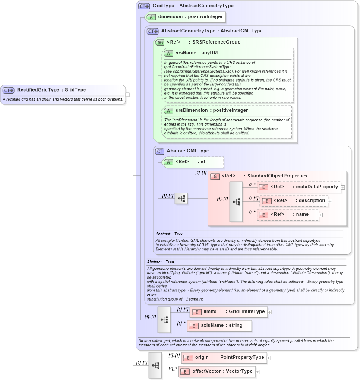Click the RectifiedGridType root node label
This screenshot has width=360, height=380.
[x=51, y=90]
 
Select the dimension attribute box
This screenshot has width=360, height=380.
[x=186, y=17]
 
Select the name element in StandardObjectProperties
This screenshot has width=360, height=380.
[x=288, y=215]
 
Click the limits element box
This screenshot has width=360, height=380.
[x=228, y=312]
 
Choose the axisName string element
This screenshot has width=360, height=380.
[x=219, y=326]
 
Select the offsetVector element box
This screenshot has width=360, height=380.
[x=216, y=371]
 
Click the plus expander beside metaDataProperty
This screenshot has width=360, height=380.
[x=343, y=187]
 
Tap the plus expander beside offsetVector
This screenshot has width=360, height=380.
[x=258, y=371]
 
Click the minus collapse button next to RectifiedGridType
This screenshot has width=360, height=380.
[x=128, y=95]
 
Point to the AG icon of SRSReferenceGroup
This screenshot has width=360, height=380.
[x=160, y=42]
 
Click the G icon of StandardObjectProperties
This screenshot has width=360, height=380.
[x=215, y=176]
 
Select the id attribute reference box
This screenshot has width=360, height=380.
[x=193, y=162]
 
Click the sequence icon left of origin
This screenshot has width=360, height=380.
[x=155, y=365]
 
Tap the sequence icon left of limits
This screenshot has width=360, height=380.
[x=164, y=319]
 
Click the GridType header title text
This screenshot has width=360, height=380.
[x=193, y=6]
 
